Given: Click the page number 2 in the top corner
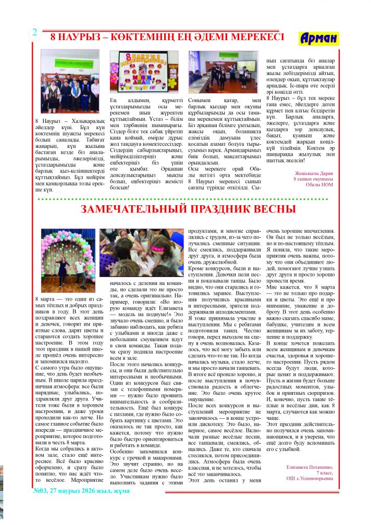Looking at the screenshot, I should (x=35, y=32).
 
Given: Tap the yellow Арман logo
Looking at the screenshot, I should (x=319, y=38).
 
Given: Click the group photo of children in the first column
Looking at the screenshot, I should (x=70, y=74).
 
